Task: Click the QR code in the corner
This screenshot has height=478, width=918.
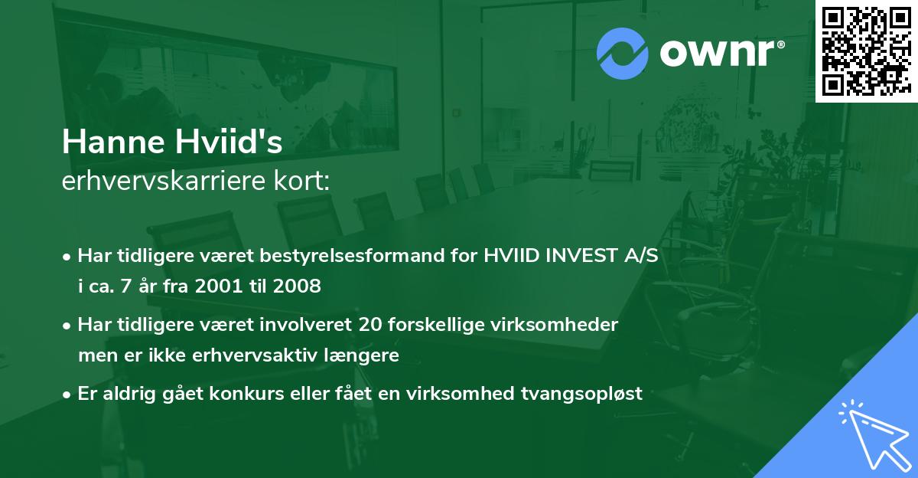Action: [866, 51]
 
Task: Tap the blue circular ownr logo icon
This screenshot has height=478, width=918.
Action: [622, 54]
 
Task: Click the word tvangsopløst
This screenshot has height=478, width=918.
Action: [586, 394]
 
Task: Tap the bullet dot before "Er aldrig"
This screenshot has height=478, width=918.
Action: [68, 395]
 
